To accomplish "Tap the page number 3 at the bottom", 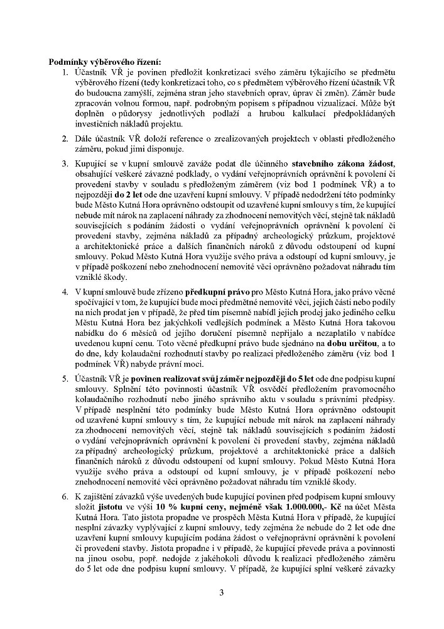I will tap(222, 592).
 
